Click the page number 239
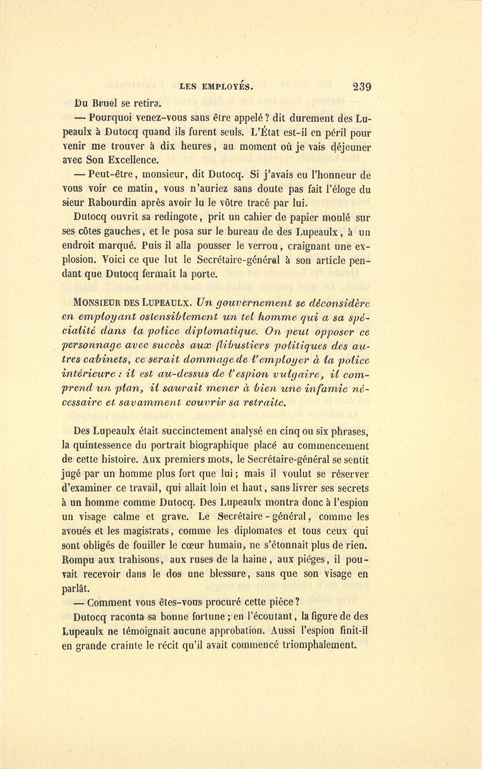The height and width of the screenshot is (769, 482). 362,87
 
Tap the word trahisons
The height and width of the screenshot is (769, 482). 133,560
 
